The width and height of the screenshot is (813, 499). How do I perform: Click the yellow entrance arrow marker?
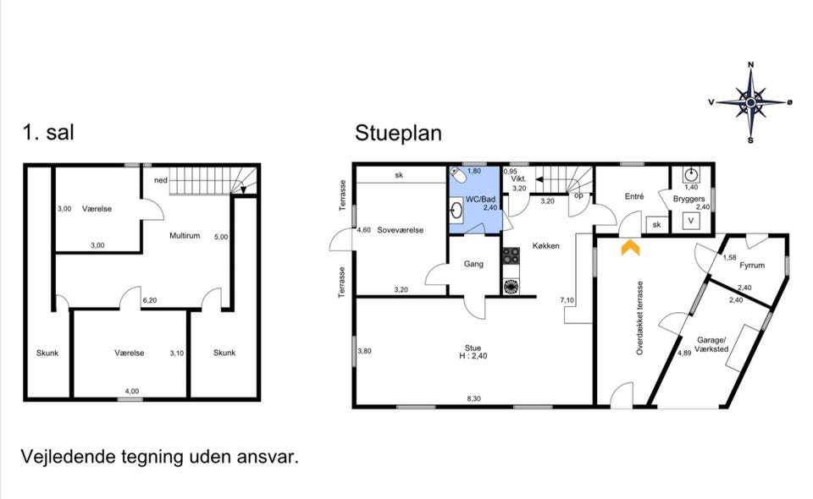630,247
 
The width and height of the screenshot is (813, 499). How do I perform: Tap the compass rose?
750,102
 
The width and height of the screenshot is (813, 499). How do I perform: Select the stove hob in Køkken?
511,255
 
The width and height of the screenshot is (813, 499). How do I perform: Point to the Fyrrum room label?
752,266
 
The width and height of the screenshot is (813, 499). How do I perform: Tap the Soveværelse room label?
401,230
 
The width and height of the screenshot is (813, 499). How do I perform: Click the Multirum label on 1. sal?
185,235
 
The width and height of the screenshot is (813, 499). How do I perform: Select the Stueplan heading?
398,133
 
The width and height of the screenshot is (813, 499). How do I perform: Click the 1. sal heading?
48,132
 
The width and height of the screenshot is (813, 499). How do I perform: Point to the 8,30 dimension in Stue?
473,398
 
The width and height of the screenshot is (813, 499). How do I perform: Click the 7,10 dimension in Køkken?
567,300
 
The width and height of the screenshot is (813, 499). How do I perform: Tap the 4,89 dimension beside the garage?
684,353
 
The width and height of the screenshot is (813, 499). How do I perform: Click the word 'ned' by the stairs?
161,180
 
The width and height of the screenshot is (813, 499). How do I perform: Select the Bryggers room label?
689,199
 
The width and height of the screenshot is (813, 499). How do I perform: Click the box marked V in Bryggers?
691,221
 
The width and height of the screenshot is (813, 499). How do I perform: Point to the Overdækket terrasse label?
640,318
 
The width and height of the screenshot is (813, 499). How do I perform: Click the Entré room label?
634,197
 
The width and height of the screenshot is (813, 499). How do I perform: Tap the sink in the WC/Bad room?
456,210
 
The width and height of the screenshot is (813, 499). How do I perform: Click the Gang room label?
473,264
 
